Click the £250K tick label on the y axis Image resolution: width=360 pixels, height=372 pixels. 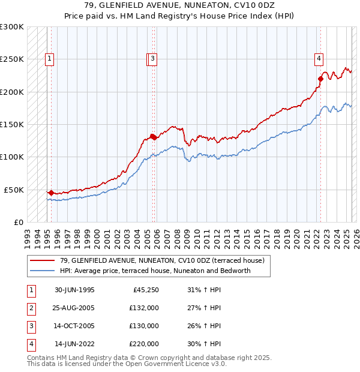click(12, 59)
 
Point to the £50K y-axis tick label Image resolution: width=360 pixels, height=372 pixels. click(14, 190)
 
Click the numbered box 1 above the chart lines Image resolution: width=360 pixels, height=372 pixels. click(48, 59)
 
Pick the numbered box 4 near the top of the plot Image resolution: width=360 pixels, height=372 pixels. click(319, 59)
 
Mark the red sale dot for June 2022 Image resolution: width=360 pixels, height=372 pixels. click(320, 79)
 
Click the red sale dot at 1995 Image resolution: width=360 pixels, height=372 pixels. click(51, 193)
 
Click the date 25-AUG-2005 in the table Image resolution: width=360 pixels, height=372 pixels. click(74, 308)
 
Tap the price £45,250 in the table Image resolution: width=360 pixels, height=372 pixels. click(144, 290)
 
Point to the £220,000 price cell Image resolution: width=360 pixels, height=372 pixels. click(144, 344)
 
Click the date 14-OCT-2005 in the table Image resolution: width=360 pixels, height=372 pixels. click(74, 326)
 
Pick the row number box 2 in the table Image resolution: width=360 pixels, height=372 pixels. click(30, 308)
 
